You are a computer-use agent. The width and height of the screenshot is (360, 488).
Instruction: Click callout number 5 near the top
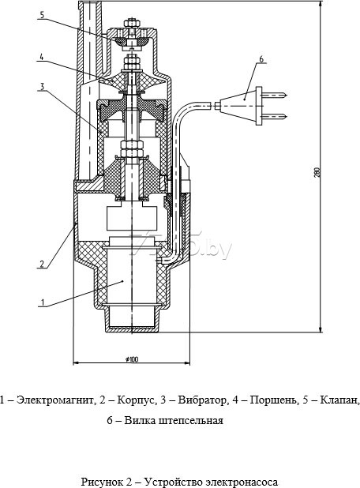tap(43, 15)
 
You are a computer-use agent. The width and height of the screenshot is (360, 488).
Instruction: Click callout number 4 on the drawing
tap(41, 57)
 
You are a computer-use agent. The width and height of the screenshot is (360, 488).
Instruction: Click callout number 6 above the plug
tap(261, 58)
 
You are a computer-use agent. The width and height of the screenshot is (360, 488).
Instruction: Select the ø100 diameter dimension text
tap(132, 359)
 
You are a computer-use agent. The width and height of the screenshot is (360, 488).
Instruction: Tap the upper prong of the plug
tap(275, 94)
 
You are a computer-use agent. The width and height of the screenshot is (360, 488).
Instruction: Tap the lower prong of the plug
tap(275, 117)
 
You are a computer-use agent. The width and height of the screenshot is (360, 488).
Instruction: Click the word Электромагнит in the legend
tap(54, 400)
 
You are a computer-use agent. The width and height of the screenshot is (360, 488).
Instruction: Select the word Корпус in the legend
tap(136, 400)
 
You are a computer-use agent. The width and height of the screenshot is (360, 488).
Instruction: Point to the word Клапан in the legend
tap(339, 400)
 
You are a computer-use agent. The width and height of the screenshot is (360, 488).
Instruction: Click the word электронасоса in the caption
tap(243, 482)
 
